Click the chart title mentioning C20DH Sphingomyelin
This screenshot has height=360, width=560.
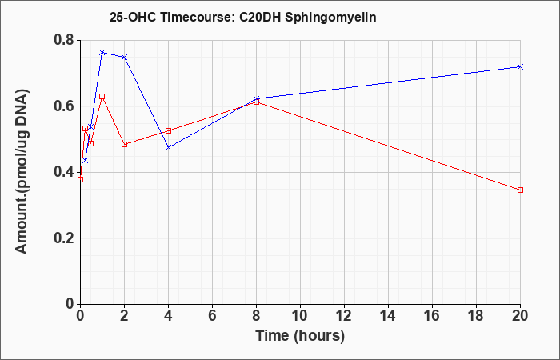pyautogui.click(x=243, y=18)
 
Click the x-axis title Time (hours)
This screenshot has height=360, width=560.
pyautogui.click(x=300, y=336)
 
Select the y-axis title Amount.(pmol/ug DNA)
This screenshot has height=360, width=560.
pyautogui.click(x=22, y=172)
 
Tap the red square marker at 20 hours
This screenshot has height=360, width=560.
pyautogui.click(x=520, y=190)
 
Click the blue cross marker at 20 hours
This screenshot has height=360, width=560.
pyautogui.click(x=520, y=66)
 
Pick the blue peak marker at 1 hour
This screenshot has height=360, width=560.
pyautogui.click(x=102, y=53)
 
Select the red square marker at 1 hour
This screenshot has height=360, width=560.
pyautogui.click(x=102, y=97)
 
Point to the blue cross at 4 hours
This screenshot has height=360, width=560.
pyautogui.click(x=169, y=147)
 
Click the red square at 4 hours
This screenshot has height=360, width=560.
pyautogui.click(x=169, y=130)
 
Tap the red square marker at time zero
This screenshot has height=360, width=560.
pyautogui.click(x=80, y=180)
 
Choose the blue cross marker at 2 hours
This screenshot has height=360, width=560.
pyautogui.click(x=124, y=57)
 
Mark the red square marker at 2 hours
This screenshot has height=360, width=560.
pyautogui.click(x=124, y=144)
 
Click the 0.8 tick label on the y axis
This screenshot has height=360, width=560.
pyautogui.click(x=64, y=40)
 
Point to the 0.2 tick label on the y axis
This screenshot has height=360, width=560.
pyautogui.click(x=64, y=238)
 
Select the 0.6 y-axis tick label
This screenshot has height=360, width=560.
pyautogui.click(x=64, y=106)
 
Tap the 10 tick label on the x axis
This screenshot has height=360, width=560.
pyautogui.click(x=300, y=316)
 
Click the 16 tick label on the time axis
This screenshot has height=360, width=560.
pyautogui.click(x=432, y=316)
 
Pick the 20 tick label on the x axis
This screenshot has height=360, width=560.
pyautogui.click(x=520, y=316)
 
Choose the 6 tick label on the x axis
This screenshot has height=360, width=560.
pyautogui.click(x=212, y=316)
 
